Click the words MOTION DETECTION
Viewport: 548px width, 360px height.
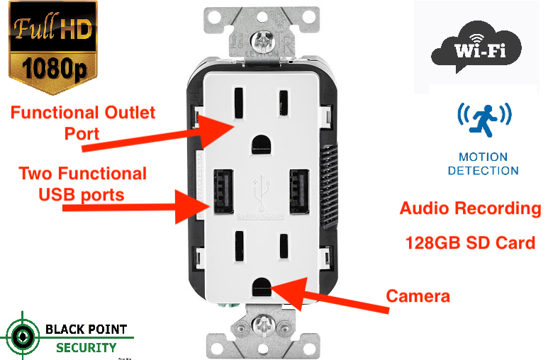point(483,164)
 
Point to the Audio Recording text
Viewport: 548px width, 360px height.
point(469,208)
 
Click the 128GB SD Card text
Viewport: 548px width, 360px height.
point(469,243)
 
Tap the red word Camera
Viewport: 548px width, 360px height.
point(418,296)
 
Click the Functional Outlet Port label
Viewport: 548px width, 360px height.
point(82,123)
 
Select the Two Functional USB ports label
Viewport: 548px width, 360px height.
point(82,183)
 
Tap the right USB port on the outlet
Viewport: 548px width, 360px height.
point(296,189)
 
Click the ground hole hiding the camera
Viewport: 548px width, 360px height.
point(260,286)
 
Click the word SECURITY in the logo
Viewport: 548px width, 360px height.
point(86,347)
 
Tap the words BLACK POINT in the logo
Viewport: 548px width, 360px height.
point(86,330)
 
